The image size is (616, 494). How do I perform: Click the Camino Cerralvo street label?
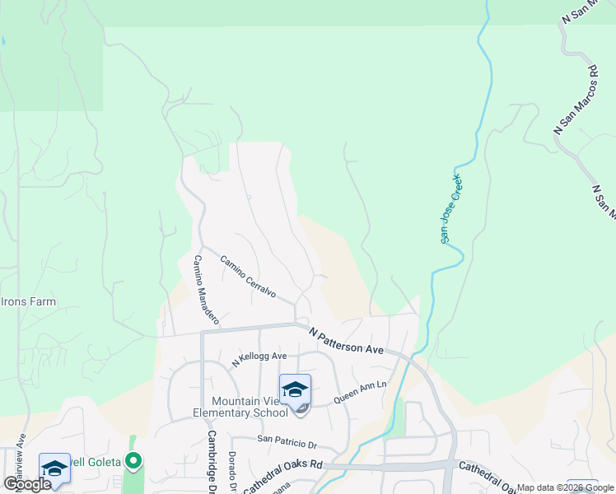[x=247, y=281]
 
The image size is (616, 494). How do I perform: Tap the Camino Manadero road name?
[x=206, y=288]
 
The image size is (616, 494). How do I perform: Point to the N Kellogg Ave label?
[x=259, y=359]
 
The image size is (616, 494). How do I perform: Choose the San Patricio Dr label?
[x=287, y=442]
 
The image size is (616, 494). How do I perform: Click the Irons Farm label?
[x=28, y=301]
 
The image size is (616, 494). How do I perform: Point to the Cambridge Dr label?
[x=212, y=462]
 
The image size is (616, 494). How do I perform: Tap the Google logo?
[x=26, y=484]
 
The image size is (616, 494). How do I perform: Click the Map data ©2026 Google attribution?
[x=566, y=487]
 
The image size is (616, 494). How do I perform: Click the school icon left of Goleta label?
[x=54, y=469]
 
